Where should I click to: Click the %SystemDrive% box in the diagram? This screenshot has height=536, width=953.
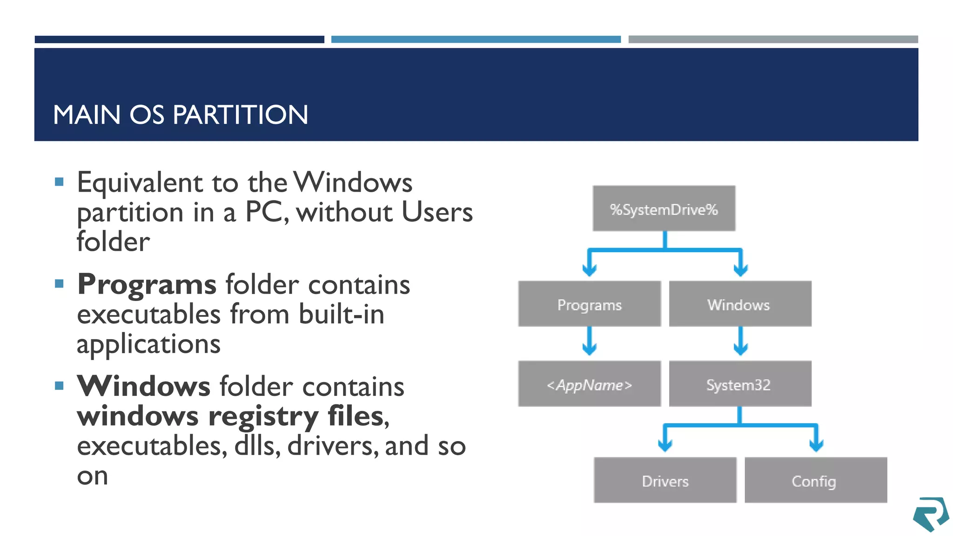point(664,208)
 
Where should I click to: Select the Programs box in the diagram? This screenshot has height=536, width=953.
point(589,304)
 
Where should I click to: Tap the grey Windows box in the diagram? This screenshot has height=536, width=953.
point(740,304)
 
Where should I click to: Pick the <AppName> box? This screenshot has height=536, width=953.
point(589,384)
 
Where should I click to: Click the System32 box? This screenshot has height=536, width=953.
point(740,384)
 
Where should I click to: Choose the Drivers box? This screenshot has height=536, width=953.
point(665,480)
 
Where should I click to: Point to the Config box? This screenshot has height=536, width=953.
point(815,480)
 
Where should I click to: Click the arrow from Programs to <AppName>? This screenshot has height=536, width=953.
point(590,342)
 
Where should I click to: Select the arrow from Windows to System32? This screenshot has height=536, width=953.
point(740,342)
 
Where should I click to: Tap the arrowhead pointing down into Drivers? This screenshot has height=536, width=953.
point(665,444)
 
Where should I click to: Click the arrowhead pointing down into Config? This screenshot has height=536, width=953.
point(816,444)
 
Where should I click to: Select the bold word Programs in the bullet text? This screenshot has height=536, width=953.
point(147,284)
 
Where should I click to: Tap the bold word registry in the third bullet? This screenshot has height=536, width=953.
point(263,416)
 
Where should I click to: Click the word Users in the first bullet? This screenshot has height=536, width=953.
point(436,212)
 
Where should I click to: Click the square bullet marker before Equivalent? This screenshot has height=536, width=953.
point(59,182)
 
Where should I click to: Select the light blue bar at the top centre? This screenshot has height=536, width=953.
point(476,40)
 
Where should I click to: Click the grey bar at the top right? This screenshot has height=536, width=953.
point(773,40)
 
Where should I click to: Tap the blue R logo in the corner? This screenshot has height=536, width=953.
point(930,514)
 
